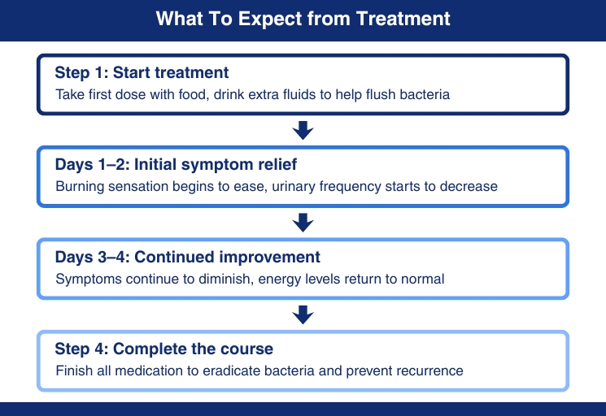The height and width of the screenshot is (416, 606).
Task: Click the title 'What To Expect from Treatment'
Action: point(303,19)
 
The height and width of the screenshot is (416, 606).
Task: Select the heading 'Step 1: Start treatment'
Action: point(142,72)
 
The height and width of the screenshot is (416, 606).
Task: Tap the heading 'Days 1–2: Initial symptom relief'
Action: point(176,165)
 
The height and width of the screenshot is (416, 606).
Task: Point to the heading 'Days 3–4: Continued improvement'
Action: point(187,257)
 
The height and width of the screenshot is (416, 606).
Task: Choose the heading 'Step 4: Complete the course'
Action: point(163,349)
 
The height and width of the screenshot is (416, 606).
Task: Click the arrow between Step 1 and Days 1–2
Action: point(303,131)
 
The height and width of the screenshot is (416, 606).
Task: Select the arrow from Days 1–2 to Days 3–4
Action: point(303,223)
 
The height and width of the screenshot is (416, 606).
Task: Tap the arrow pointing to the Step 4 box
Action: point(303,315)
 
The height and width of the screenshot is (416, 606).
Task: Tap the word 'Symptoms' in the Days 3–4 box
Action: point(89,279)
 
